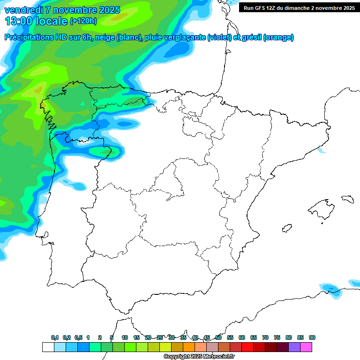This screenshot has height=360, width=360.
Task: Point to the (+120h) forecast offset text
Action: pyautogui.click(x=83, y=21)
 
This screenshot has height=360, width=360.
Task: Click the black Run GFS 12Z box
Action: pyautogui.click(x=299, y=7)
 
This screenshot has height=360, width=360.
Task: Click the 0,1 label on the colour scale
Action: pyautogui.click(x=55, y=337)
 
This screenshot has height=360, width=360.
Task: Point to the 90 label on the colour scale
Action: pyautogui.click(x=312, y=337)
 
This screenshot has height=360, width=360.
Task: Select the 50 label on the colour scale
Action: pyautogui.click(x=218, y=337)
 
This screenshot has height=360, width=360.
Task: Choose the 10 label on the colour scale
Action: pyautogui.click(x=125, y=337)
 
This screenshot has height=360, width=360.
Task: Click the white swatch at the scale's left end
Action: pyautogui.click(x=48, y=347)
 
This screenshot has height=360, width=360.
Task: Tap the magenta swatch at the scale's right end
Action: pyautogui.click(x=306, y=347)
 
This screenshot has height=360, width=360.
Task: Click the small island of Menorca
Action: pyautogui.click(x=347, y=199)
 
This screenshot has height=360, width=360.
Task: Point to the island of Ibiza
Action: pyautogui.click(x=286, y=229)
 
